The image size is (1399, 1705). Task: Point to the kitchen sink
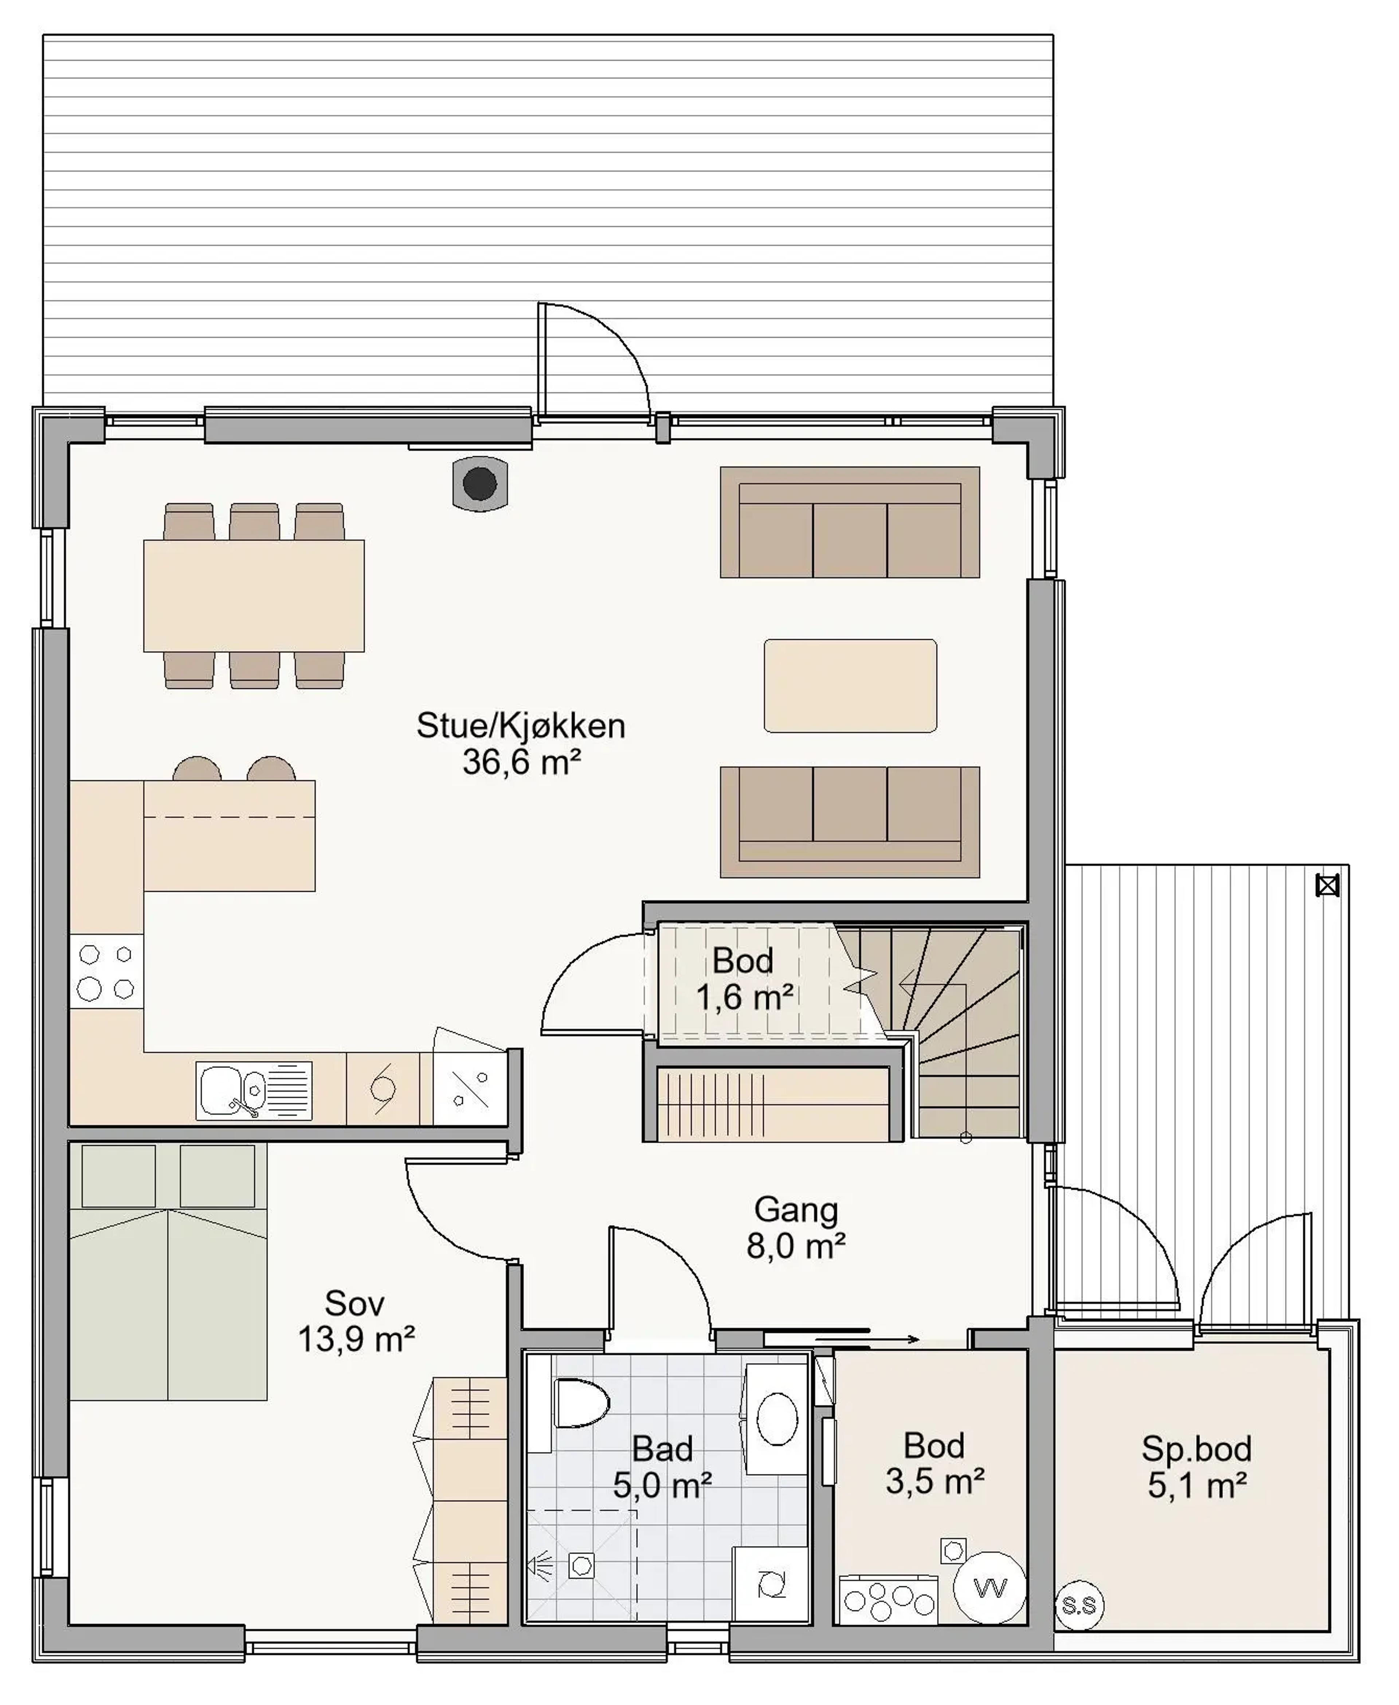(x=254, y=1091)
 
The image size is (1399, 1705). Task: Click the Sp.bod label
(x=1197, y=1449)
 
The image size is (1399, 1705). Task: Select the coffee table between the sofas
(x=850, y=686)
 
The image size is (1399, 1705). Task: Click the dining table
(x=254, y=596)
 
